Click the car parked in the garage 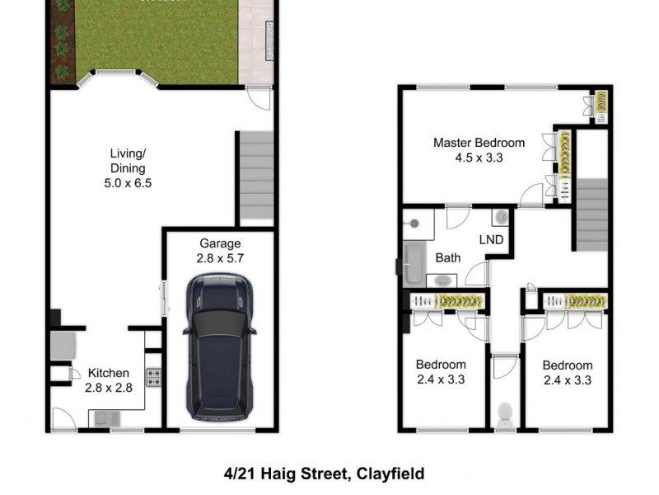coord(219,346)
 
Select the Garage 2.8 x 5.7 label coord(220,250)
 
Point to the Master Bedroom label coord(479,149)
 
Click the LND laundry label coord(493,240)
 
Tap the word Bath coord(448,258)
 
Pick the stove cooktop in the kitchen coord(154,379)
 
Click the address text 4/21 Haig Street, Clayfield coord(324,474)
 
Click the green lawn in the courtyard coord(157,41)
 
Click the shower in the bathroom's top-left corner coord(418,221)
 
